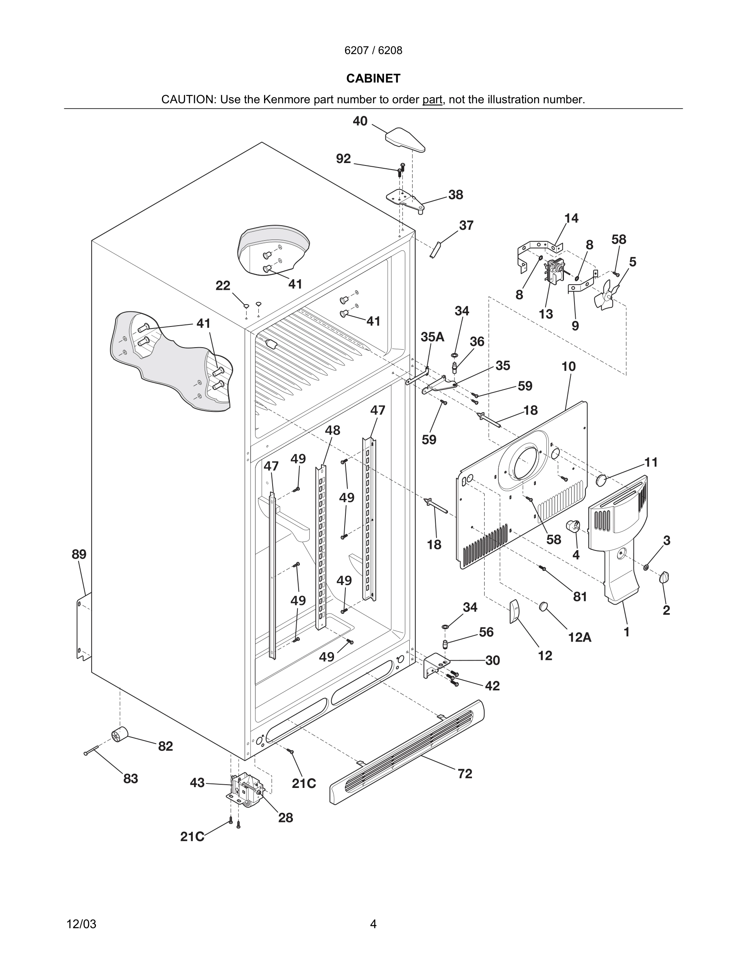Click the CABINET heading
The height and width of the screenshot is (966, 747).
click(373, 78)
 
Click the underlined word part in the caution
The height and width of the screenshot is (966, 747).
click(432, 100)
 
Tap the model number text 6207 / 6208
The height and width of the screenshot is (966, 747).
click(373, 50)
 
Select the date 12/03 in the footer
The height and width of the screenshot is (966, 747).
click(81, 924)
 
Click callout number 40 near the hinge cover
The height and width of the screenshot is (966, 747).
click(360, 121)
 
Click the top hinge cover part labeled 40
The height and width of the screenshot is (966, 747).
click(405, 139)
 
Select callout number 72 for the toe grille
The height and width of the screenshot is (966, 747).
click(465, 774)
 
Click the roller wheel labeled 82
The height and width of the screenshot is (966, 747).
click(119, 735)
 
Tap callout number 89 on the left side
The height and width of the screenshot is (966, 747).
click(79, 554)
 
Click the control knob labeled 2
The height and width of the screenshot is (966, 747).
click(664, 577)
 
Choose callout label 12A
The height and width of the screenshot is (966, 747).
click(579, 637)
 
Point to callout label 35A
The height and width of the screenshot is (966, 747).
click(432, 337)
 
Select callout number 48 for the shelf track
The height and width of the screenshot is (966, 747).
click(332, 430)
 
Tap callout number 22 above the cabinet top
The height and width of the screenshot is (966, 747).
click(223, 286)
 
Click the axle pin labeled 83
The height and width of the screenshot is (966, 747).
click(91, 750)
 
